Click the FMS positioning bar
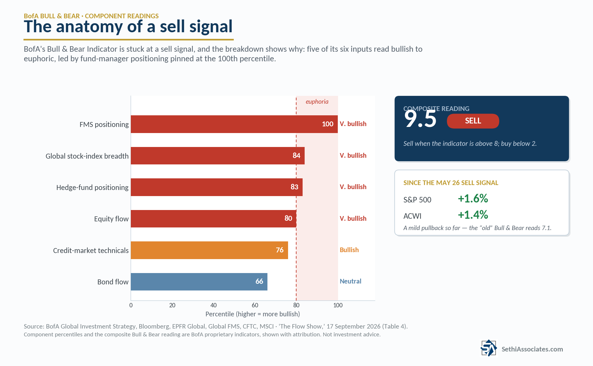[234, 124]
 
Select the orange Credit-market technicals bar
[209, 250]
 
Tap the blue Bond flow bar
[199, 282]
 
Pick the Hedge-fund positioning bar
[217, 187]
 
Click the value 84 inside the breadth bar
[296, 155]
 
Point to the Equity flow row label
[111, 219]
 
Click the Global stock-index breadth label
[87, 156]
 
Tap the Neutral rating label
[351, 281]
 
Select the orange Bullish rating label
[349, 250]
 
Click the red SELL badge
[473, 121]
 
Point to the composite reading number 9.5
[420, 119]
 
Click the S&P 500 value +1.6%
[473, 198]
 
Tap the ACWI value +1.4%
[473, 215]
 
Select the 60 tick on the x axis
[255, 305]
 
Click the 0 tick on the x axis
[131, 305]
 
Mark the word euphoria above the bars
[317, 102]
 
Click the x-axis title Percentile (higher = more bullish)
[253, 314]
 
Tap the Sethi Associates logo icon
[489, 348]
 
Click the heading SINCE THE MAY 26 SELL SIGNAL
[451, 183]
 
